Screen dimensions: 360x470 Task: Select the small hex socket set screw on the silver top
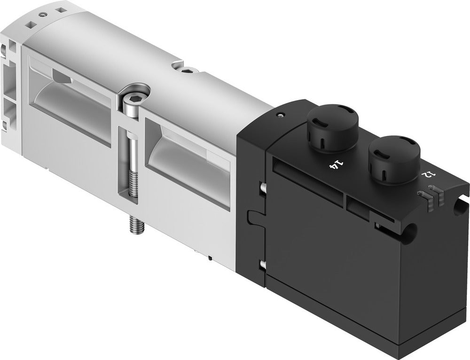[188, 70]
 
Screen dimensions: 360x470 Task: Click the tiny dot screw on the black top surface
[281, 114]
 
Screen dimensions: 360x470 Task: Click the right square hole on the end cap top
[59, 8]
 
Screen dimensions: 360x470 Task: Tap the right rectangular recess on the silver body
[188, 146]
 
